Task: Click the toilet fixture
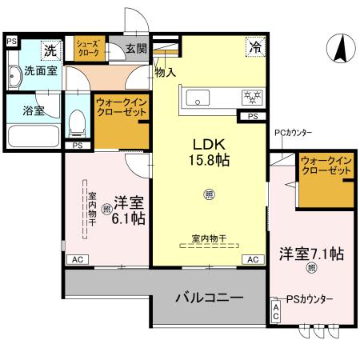click(77, 122)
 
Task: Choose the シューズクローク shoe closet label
click(89, 47)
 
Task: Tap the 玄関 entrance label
click(136, 48)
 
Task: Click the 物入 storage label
click(165, 72)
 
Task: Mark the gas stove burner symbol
click(253, 98)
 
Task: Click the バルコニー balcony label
click(209, 298)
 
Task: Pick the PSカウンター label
click(306, 299)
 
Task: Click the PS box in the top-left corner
click(11, 39)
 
